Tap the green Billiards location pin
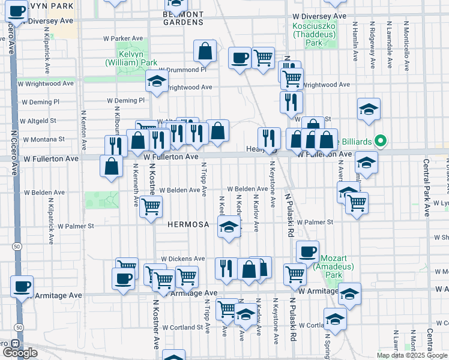(x=380, y=142)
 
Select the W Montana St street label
(x=43, y=139)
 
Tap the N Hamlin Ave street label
(x=355, y=42)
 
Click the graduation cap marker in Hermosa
(x=228, y=227)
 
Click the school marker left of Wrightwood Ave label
(x=156, y=81)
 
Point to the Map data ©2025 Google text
(x=411, y=355)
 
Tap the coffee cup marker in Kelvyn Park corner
(x=17, y=10)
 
